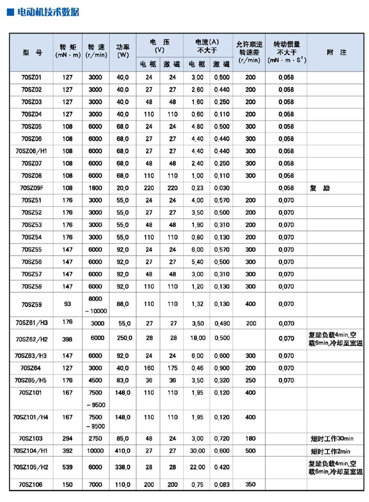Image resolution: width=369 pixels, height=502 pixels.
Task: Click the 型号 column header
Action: (32, 52)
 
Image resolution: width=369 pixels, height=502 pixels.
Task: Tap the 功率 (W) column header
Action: (123, 50)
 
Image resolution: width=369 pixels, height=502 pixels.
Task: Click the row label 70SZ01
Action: (32, 77)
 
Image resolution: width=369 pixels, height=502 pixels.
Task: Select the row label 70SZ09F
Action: (32, 188)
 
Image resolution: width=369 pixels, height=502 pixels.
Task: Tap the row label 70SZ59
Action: (32, 304)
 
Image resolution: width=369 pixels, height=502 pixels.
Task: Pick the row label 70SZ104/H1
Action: (32, 451)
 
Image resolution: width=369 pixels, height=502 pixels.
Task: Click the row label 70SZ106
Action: (32, 485)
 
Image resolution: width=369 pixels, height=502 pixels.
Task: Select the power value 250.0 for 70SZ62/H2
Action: (123, 338)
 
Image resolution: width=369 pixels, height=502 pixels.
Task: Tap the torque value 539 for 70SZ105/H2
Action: (68, 467)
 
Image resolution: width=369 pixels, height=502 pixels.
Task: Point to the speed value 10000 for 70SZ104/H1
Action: (96, 451)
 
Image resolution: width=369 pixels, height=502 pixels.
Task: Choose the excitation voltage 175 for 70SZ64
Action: (172, 368)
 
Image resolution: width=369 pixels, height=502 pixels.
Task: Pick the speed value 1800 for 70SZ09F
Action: (96, 188)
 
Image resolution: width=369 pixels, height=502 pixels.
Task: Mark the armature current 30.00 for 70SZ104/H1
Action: (197, 451)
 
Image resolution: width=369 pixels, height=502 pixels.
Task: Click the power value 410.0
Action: (123, 451)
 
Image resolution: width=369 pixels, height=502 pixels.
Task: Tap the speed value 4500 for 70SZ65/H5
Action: (96, 381)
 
